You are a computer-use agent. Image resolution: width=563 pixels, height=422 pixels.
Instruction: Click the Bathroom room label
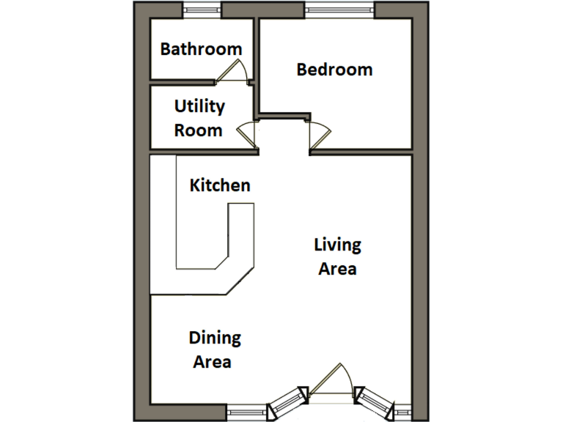[201, 49]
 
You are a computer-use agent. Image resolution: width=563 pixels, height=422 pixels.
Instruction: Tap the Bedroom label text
[334, 70]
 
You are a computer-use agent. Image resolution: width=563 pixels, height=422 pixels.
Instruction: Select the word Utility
[199, 106]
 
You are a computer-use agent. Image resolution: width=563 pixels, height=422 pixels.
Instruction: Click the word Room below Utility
[198, 130]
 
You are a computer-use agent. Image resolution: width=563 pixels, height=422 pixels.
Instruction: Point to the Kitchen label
[220, 185]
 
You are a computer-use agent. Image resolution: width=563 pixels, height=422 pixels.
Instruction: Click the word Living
[337, 244]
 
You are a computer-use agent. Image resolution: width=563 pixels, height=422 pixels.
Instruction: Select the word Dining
[215, 338]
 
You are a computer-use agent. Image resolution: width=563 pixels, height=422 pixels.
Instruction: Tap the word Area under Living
[337, 269]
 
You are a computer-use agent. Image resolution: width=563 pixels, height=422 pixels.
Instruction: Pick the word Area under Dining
[213, 362]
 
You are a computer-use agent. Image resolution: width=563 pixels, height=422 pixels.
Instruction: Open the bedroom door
[320, 135]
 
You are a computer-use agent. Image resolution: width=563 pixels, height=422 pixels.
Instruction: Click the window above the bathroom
[202, 10]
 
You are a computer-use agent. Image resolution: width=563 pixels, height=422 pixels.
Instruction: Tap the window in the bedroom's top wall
[339, 10]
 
